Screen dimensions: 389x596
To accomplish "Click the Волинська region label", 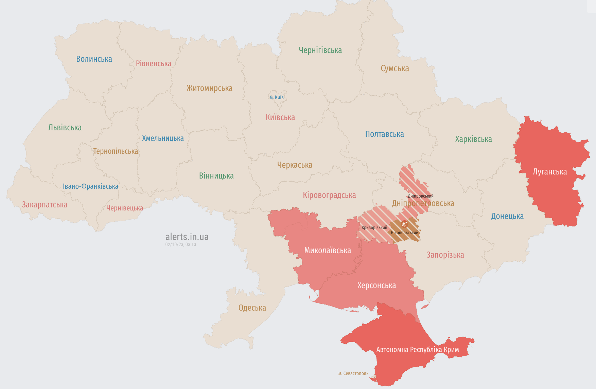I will tap(94, 59).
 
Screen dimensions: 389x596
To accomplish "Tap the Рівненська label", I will tap(153, 63).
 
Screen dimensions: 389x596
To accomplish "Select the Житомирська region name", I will tap(209, 88).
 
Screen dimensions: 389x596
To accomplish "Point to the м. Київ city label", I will tap(277, 97).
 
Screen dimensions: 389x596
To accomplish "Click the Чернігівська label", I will tap(320, 50).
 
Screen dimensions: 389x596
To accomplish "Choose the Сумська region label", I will tap(395, 69).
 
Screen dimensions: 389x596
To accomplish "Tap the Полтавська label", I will tap(384, 134).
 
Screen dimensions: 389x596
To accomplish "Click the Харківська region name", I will tap(473, 139).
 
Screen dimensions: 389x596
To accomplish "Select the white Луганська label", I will tap(549, 172).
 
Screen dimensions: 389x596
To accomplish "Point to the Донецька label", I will tap(507, 216).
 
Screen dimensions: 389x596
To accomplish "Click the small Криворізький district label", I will tap(374, 227).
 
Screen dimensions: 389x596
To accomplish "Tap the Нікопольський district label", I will tap(404, 233).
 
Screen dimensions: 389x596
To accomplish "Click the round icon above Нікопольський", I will tap(404, 224).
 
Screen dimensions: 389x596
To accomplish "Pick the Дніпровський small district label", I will tap(420, 196).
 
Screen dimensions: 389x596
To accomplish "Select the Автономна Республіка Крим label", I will tap(417, 350).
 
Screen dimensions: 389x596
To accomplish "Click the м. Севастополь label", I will tap(353, 373).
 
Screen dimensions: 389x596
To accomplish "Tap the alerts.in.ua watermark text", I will tap(187, 237).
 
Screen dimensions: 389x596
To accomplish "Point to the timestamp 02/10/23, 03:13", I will tap(180, 244).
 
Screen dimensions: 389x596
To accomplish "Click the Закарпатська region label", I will tap(45, 205).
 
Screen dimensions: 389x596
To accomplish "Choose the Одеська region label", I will tap(252, 308).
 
